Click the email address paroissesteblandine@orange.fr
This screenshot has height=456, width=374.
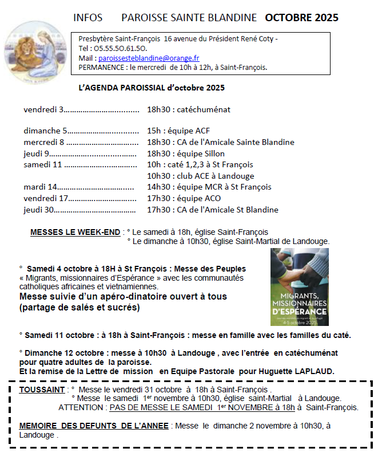(149, 58)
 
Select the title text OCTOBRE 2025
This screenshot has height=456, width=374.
(301, 18)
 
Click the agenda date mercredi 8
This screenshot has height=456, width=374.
(44, 142)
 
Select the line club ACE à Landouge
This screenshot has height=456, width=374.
(200, 176)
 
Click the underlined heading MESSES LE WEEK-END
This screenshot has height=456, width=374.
(75, 232)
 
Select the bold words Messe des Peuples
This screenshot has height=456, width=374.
(210, 269)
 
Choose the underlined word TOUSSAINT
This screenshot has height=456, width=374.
(42, 390)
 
